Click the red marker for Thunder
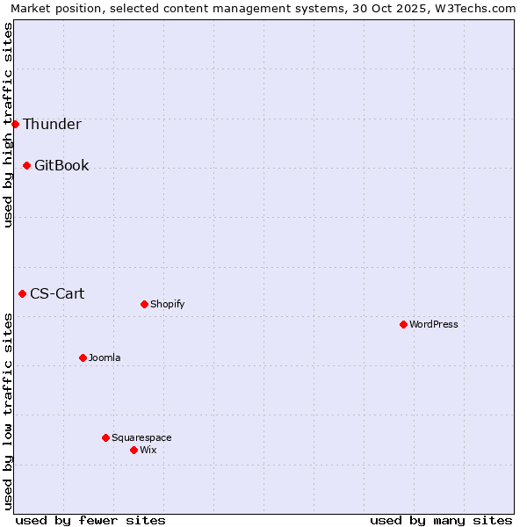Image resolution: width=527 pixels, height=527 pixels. pyautogui.click(x=15, y=124)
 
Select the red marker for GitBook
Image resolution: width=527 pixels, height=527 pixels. pyautogui.click(x=26, y=165)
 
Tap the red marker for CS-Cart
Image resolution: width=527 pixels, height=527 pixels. pyautogui.click(x=22, y=293)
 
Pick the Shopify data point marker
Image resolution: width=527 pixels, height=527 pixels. pyautogui.click(x=144, y=304)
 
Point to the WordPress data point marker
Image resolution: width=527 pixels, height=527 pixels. pyautogui.click(x=403, y=324)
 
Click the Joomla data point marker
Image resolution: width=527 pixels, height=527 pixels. pyautogui.click(x=83, y=357)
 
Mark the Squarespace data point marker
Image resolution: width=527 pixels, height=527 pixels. pyautogui.click(x=105, y=437)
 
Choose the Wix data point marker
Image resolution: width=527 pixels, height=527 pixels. pyautogui.click(x=134, y=450)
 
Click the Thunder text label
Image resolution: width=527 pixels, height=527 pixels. pyautogui.click(x=52, y=124)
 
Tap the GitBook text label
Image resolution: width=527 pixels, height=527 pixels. pyautogui.click(x=61, y=165)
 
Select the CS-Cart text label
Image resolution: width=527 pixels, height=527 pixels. pyautogui.click(x=57, y=293)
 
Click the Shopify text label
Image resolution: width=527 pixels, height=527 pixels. pyautogui.click(x=167, y=304)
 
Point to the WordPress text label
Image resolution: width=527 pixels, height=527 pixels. pyautogui.click(x=434, y=324)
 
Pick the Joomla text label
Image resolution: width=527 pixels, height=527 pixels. pyautogui.click(x=105, y=357)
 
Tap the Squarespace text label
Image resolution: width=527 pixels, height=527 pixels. pyautogui.click(x=141, y=437)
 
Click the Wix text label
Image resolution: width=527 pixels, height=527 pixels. pyautogui.click(x=148, y=450)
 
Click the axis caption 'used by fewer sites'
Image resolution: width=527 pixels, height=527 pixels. pyautogui.click(x=90, y=520)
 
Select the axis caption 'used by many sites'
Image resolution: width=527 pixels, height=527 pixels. pyautogui.click(x=441, y=520)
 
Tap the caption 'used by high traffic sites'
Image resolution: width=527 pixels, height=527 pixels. pyautogui.click(x=8, y=125)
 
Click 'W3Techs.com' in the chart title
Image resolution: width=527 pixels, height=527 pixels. pyautogui.click(x=479, y=8)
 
